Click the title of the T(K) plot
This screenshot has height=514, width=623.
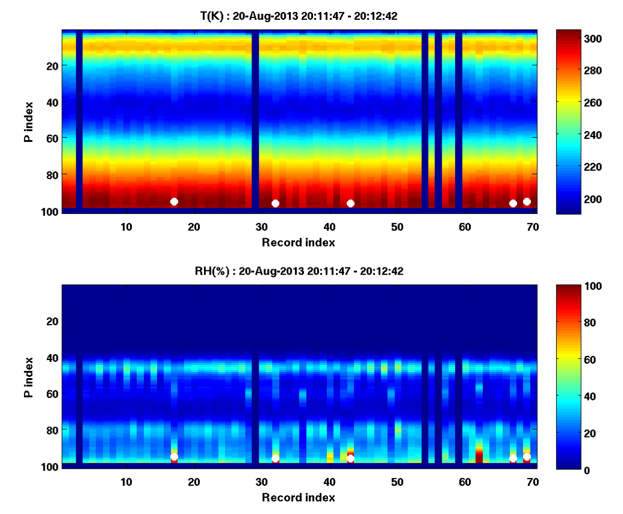299,17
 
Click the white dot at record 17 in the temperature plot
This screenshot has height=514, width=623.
174,201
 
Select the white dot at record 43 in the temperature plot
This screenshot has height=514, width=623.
350,203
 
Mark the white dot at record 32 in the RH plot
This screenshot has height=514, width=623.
275,459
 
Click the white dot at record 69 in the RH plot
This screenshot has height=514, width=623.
527,457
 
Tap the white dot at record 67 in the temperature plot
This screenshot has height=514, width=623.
513,203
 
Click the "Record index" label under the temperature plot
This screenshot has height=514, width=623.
299,242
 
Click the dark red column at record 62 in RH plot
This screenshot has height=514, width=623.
479,454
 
